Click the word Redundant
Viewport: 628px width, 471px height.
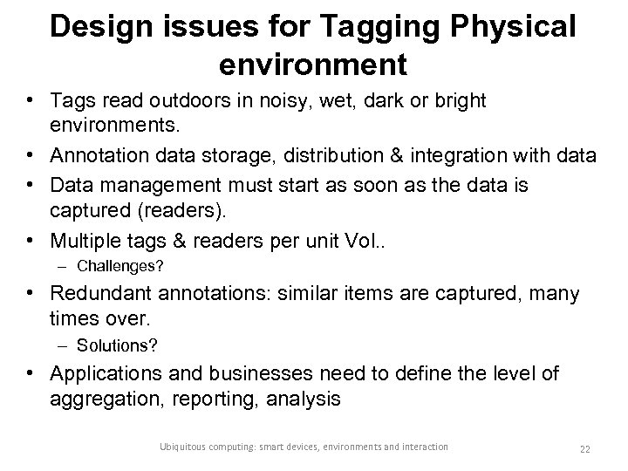pos(99,294)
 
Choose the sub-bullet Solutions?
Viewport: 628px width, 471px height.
pos(117,347)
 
